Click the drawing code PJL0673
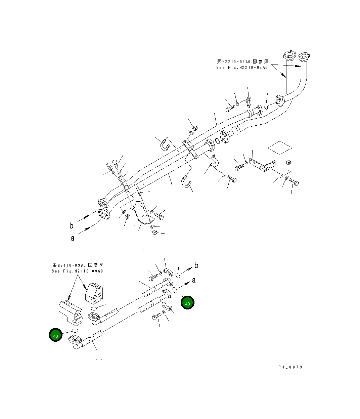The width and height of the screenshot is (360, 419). coord(290,367)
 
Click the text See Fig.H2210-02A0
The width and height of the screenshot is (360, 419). coord(242,68)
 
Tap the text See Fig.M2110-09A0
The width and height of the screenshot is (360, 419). coord(77,271)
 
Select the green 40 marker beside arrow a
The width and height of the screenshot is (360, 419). coord(187,303)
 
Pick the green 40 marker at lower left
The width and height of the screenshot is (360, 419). coord(56,335)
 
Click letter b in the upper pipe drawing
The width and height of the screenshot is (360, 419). coord(71,226)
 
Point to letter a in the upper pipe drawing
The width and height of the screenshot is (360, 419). coord(72,238)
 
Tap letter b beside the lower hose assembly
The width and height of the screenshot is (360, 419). coord(196,265)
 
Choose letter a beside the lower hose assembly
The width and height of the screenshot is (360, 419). coord(194,280)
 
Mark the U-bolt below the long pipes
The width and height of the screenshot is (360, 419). coord(186,182)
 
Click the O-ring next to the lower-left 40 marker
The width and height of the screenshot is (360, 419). coord(75,331)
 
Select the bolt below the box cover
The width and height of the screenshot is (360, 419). coord(294,182)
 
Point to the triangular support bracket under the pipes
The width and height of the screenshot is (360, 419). coord(142,213)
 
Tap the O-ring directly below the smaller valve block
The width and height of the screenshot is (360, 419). coord(94,308)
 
